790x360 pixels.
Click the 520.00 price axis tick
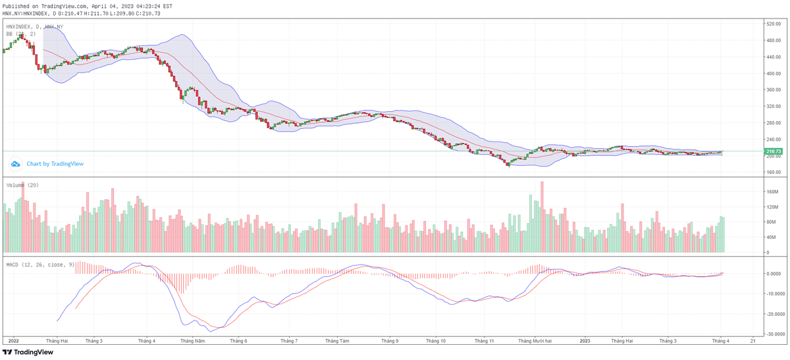(773, 24)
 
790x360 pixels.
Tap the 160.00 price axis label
(773, 172)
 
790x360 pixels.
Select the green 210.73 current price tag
(774, 151)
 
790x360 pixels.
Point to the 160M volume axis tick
(772, 192)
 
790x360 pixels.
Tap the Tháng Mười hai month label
(535, 341)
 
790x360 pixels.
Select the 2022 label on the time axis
(13, 341)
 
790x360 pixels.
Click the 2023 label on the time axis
(585, 341)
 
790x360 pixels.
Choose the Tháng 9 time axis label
(390, 341)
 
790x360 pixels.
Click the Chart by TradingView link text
(55, 164)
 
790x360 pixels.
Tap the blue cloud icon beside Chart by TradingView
(15, 164)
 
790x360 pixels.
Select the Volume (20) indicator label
(22, 185)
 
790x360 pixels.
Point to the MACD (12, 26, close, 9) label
(39, 265)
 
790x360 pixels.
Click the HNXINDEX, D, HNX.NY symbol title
(35, 26)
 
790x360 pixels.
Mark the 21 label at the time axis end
(752, 341)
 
